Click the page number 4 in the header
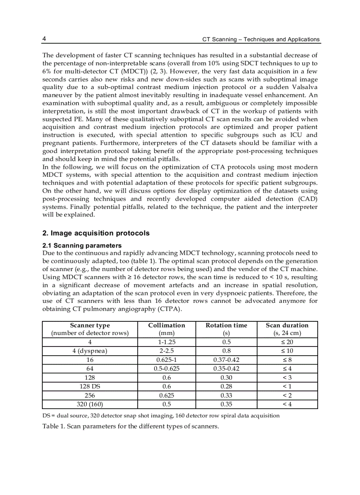pyautogui.click(x=45, y=39)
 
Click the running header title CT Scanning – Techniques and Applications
pyautogui.click(x=261, y=39)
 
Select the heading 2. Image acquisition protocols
pyautogui.click(x=96, y=233)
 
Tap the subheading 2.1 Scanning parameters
pyautogui.click(x=82, y=245)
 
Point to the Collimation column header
pyautogui.click(x=166, y=325)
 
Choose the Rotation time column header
pyautogui.click(x=226, y=325)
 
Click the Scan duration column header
pyautogui.click(x=287, y=325)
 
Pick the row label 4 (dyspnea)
pyautogui.click(x=90, y=351)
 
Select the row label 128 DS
pyautogui.click(x=90, y=386)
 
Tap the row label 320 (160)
pyautogui.click(x=90, y=404)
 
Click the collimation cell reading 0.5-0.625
pyautogui.click(x=166, y=368)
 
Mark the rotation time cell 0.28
pyautogui.click(x=226, y=386)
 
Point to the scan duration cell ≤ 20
pyautogui.click(x=287, y=342)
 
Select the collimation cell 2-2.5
pyautogui.click(x=166, y=351)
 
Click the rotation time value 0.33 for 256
pyautogui.click(x=226, y=395)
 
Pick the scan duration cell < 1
pyautogui.click(x=287, y=386)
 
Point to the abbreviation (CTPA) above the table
pyautogui.click(x=167, y=309)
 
